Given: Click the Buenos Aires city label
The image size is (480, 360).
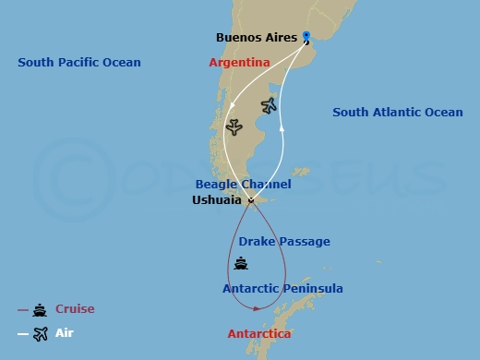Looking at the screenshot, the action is [x=256, y=38].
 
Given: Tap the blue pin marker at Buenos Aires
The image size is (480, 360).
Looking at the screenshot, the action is [x=306, y=38].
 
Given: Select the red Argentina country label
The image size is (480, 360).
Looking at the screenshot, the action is [x=239, y=62].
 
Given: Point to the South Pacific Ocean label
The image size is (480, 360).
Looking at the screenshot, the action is [x=79, y=62].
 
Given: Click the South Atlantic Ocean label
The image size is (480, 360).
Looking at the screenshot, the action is [x=398, y=113].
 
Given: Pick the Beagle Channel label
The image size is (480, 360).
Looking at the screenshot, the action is [x=244, y=185].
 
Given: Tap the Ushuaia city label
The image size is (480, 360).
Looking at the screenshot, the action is [x=217, y=199].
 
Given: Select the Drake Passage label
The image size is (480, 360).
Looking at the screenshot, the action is [x=284, y=242].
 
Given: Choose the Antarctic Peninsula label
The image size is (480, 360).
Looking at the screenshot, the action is [x=282, y=289].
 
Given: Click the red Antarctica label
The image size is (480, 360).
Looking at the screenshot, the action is [x=259, y=333].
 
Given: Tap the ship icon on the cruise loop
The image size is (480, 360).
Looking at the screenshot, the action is [x=241, y=264].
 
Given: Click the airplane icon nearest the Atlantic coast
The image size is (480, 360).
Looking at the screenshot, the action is [x=270, y=105].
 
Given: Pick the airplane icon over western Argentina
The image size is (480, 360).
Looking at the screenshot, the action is [x=234, y=126].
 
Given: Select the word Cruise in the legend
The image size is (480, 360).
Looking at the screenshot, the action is [x=75, y=309].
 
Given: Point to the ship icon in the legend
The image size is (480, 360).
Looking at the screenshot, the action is [x=40, y=310].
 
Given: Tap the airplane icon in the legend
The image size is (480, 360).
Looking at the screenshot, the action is [x=40, y=334].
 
